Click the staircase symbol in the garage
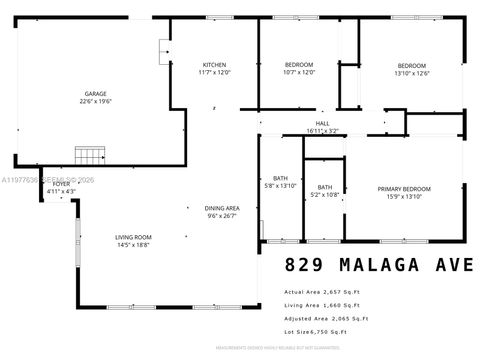click(x=90, y=155)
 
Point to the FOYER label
click(x=62, y=184)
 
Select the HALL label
click(x=322, y=123)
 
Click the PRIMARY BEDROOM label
click(x=404, y=188)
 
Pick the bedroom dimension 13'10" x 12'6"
click(x=411, y=73)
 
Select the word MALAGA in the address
click(x=377, y=266)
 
